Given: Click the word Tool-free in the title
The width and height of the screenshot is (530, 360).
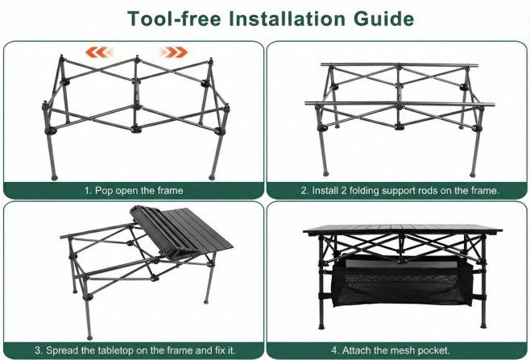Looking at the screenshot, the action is (x=174, y=19).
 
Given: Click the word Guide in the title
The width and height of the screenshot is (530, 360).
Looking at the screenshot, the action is (x=383, y=19).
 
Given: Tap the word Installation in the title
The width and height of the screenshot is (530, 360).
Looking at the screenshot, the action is (x=287, y=19).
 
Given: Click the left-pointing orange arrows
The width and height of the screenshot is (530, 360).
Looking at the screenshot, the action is (x=99, y=52).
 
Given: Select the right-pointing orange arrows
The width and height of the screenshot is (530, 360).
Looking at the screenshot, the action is (x=174, y=52).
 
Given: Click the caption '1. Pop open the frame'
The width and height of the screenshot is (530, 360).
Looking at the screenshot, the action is (x=134, y=190).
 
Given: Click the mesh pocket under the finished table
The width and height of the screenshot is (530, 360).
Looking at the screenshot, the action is (x=402, y=282).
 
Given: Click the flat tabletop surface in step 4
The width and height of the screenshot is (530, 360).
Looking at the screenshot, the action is (x=403, y=230).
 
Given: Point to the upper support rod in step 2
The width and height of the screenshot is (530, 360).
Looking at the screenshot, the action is (x=400, y=64).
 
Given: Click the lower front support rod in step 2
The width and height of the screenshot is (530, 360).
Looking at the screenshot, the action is (x=400, y=104).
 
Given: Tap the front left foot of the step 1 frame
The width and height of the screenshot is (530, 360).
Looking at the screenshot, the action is (x=54, y=177).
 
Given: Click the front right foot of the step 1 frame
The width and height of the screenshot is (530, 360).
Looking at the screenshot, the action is (x=212, y=177).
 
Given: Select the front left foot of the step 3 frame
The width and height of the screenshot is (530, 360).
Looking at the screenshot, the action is (x=89, y=337).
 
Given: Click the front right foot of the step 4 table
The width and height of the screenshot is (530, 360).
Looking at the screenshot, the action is (x=484, y=326).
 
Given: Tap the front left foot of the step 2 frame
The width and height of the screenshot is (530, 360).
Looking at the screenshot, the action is (x=325, y=174).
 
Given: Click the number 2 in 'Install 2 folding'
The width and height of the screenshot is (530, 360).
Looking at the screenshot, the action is (x=343, y=190).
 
